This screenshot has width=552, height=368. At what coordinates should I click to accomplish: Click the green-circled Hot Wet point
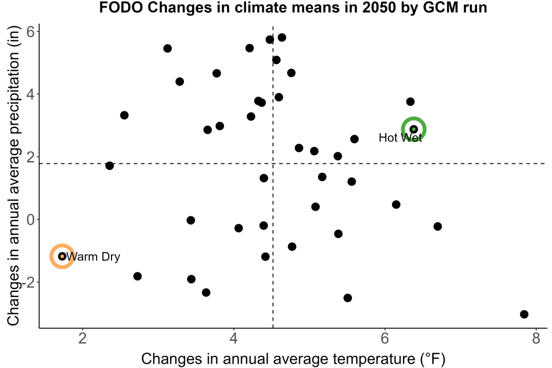(413, 129)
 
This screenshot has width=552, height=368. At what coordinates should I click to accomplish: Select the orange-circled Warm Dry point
(62, 256)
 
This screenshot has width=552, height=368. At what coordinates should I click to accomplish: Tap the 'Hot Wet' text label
(400, 137)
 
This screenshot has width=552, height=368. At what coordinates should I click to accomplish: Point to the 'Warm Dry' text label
(93, 257)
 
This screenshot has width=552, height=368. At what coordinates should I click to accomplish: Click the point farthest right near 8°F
(524, 314)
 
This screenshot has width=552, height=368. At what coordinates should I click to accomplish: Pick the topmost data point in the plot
(282, 38)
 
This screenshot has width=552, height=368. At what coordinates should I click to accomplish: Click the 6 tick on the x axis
(385, 338)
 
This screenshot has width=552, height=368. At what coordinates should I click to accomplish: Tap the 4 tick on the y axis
(30, 94)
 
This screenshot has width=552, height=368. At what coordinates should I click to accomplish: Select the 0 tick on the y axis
(30, 220)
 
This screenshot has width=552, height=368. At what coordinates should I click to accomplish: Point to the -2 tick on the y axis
(28, 282)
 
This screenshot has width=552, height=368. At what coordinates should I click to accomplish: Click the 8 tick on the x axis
(536, 338)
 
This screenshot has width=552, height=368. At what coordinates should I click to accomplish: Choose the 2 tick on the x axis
(83, 338)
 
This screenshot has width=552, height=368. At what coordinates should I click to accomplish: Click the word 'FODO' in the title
(121, 7)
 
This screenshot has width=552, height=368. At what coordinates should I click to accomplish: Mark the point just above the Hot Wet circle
(410, 102)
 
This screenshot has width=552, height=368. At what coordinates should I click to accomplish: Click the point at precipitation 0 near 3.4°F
(190, 220)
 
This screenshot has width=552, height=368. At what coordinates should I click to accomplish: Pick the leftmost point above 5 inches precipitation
(167, 48)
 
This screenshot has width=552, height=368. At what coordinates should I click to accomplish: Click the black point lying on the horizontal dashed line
(109, 166)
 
